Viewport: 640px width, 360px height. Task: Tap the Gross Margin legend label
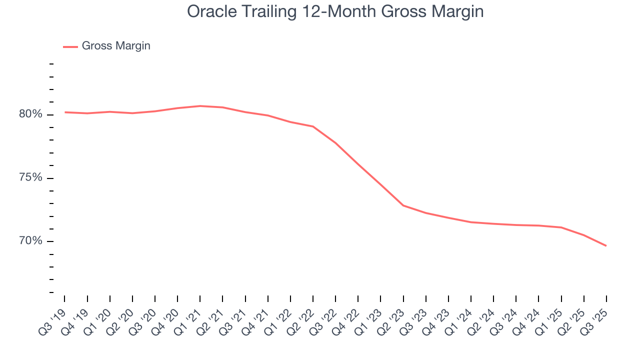[116, 46]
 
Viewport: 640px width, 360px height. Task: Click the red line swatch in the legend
[70, 46]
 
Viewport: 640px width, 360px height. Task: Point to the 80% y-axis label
[30, 114]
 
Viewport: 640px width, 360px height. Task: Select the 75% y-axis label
[30, 178]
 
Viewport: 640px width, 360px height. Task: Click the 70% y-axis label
[30, 241]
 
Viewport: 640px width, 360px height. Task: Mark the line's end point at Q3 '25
[606, 245]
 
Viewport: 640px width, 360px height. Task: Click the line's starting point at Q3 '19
[65, 112]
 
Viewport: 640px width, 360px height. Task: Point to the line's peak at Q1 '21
[200, 106]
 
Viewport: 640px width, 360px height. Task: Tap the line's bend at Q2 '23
[403, 205]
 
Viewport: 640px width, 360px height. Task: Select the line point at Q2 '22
[313, 126]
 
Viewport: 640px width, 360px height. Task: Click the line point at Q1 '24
[471, 222]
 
